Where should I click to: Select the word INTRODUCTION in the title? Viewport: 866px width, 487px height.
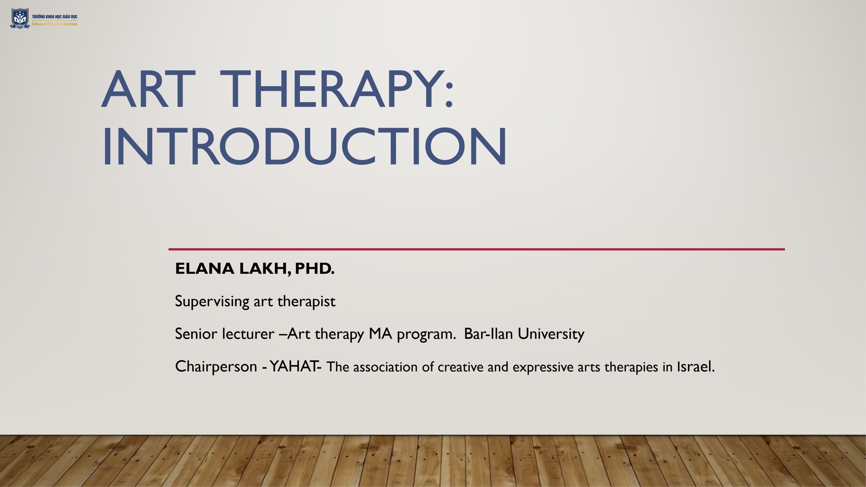(304, 146)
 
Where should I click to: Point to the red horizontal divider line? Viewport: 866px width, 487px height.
(477, 249)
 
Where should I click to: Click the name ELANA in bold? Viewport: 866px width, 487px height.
(205, 269)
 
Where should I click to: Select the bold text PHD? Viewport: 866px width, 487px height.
(315, 269)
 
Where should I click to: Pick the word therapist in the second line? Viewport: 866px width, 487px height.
(306, 302)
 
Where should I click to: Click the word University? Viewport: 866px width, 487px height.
(551, 334)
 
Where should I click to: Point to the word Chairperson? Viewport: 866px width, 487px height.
(216, 367)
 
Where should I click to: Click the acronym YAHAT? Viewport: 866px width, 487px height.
(293, 367)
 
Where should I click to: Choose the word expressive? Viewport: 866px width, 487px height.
(543, 367)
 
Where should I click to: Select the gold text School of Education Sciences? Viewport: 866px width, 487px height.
(55, 24)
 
